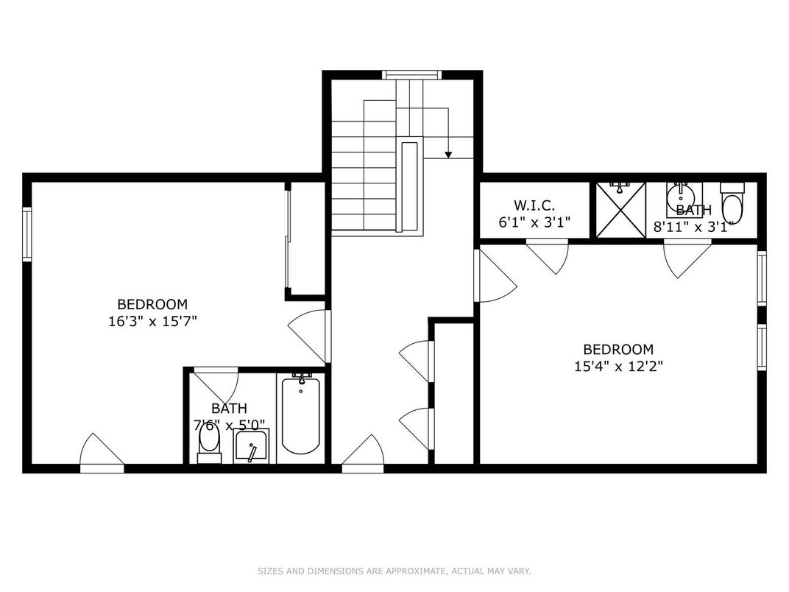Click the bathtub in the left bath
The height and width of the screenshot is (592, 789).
(300, 416)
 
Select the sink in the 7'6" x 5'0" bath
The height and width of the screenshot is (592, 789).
(251, 446)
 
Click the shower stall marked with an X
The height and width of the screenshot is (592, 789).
(620, 211)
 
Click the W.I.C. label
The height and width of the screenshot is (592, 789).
(534, 205)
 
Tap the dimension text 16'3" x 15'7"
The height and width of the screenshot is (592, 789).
(152, 321)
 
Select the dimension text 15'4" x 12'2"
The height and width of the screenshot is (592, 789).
(618, 366)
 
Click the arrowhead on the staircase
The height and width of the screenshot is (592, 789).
(447, 154)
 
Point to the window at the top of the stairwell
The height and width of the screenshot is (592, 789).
(411, 74)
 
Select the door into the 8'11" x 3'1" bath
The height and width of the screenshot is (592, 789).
(687, 258)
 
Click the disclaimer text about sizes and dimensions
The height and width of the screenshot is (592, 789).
(394, 571)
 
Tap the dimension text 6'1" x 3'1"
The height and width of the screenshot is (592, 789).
(534, 222)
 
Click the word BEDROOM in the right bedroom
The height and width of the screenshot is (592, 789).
(618, 350)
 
